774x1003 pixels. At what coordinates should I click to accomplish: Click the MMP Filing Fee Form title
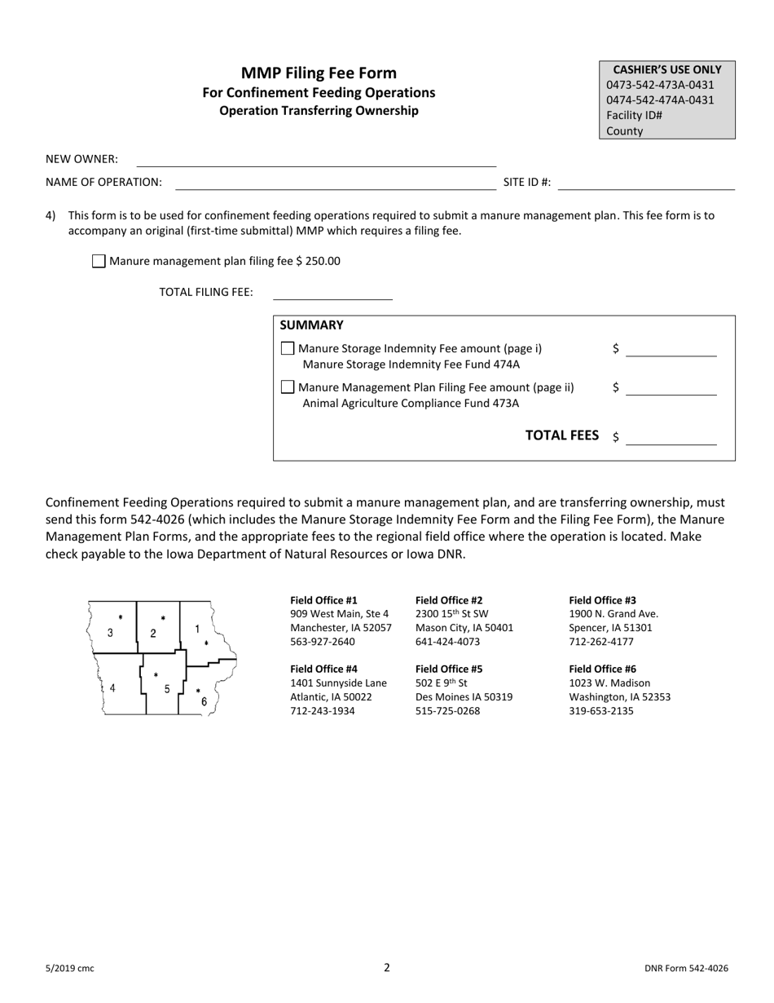[319, 73]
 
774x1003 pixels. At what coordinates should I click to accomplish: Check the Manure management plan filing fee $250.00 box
[99, 262]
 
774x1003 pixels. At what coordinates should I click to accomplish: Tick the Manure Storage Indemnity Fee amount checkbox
[287, 349]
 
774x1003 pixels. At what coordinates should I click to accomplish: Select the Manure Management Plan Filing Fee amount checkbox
[287, 387]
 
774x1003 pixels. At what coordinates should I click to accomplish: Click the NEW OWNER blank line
[316, 161]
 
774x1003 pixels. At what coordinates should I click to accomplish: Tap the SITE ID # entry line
[646, 183]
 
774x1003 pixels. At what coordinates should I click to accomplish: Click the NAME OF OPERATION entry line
[336, 183]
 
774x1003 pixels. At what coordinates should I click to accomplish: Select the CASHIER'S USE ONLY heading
[666, 70]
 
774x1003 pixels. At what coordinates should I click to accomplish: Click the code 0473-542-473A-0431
[660, 85]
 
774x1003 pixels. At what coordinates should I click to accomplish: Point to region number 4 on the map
[112, 687]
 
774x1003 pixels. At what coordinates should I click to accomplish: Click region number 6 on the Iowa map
[204, 701]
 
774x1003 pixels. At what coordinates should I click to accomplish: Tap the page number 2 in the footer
[387, 968]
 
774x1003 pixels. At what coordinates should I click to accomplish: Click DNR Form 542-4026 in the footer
[685, 969]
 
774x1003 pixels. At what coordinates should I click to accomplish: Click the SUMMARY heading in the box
[311, 325]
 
